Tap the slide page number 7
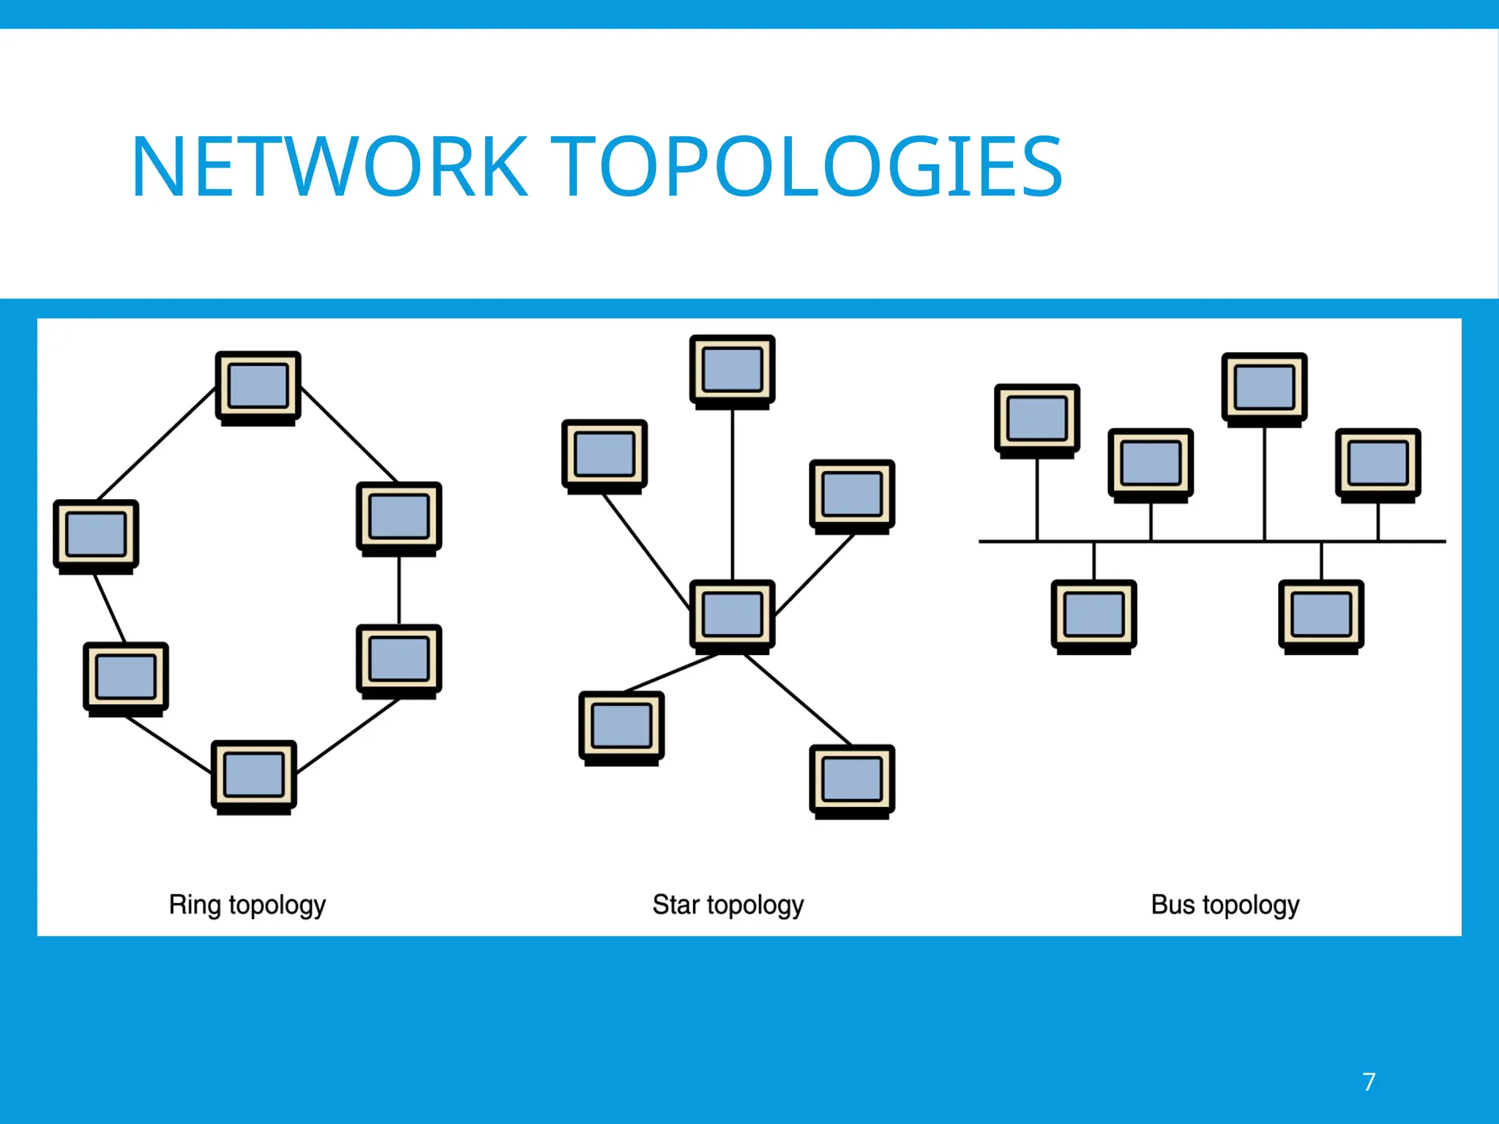point(1369,1082)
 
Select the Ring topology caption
point(247,905)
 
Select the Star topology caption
point(728,905)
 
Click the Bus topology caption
point(1225,905)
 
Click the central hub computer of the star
point(732,615)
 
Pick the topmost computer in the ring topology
point(258,386)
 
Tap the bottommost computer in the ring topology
point(254,775)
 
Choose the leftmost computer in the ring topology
point(96,535)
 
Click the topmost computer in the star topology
point(732,370)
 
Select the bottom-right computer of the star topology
point(852,779)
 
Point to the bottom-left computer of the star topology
point(621,726)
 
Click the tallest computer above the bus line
point(1264,388)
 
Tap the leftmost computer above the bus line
point(1037,419)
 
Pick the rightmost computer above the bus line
point(1378,463)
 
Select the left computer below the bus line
point(1094,615)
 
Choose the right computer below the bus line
point(1321,615)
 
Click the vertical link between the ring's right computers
point(399,590)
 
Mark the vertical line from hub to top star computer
point(733,495)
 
